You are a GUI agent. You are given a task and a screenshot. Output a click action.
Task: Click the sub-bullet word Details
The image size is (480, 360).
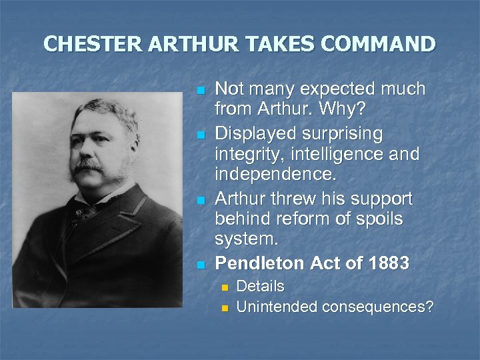pos(260,287)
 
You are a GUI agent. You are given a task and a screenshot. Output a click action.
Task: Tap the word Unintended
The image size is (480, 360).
pos(277,307)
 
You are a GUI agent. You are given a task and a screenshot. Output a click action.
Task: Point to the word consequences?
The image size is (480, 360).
pos(378,307)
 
